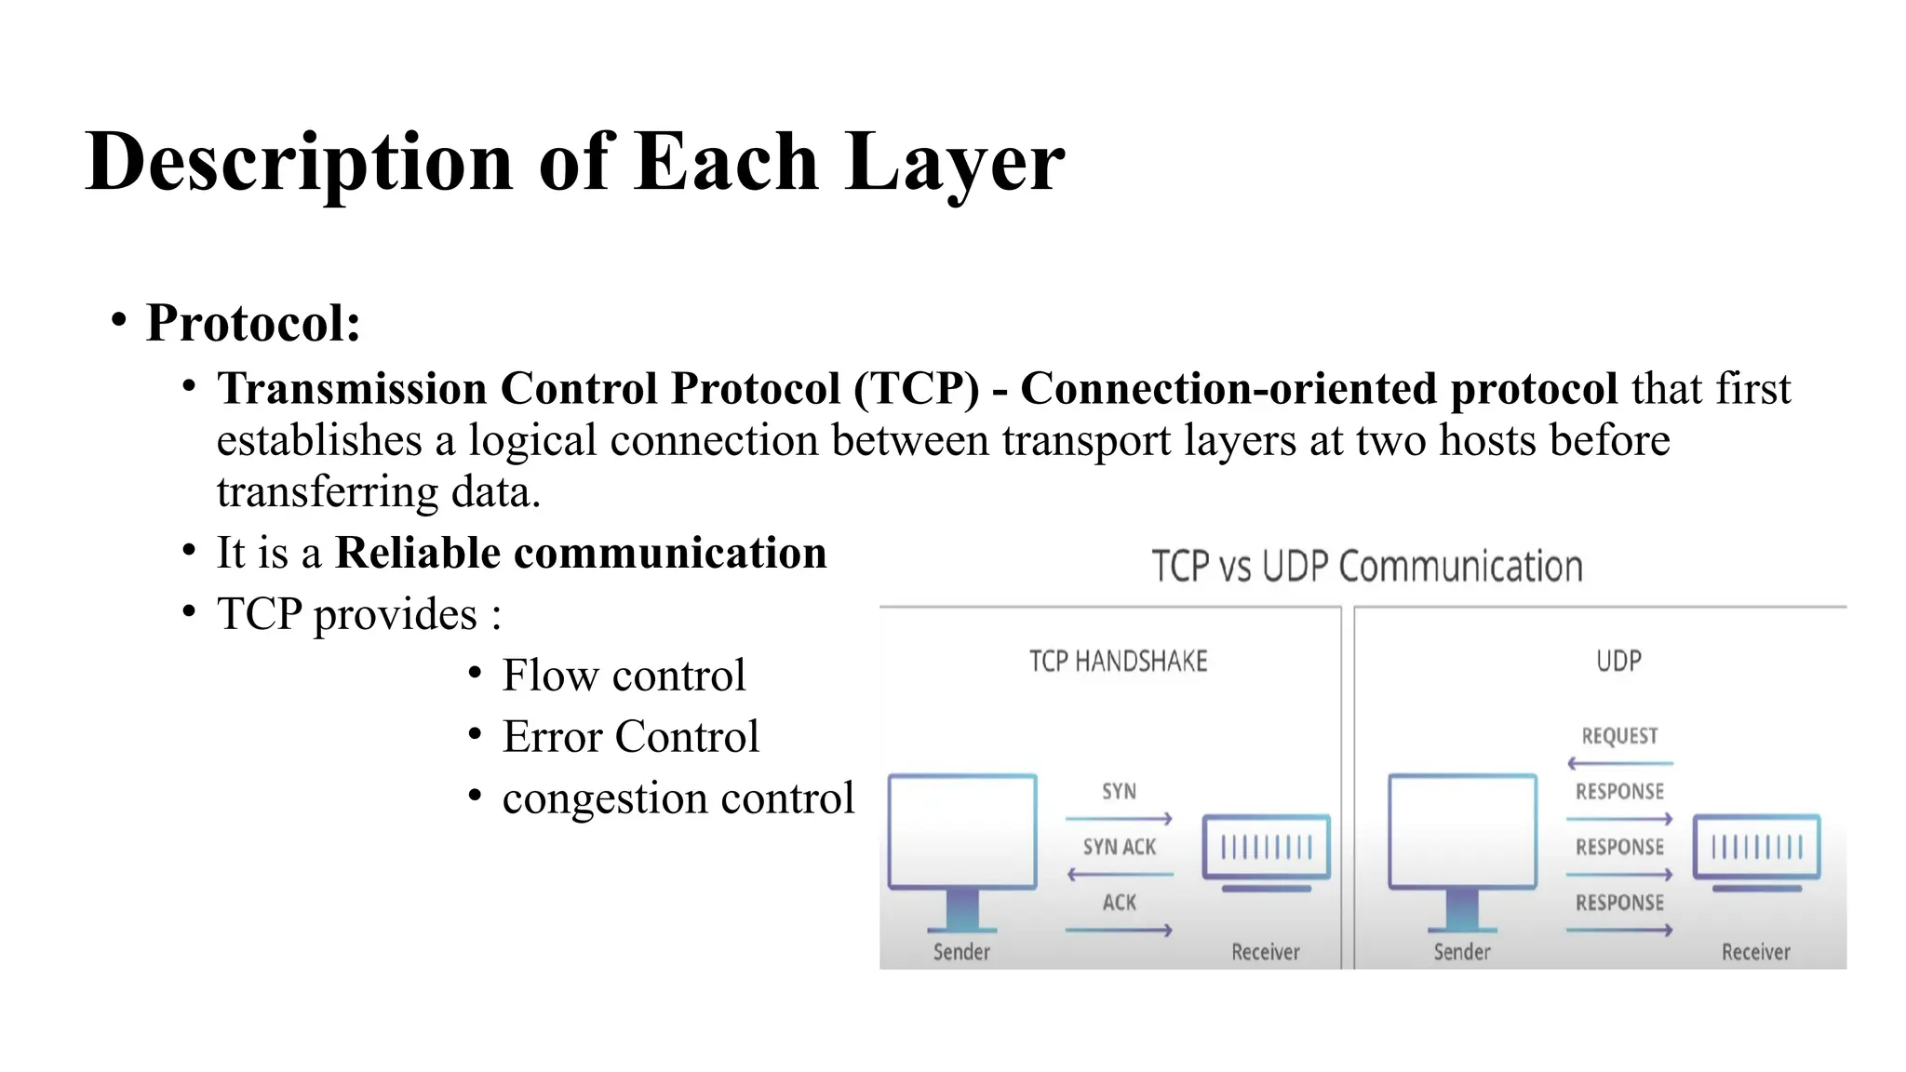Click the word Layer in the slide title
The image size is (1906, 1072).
coord(954,163)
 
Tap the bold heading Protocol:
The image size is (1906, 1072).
coord(253,323)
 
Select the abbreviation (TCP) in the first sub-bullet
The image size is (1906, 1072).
coord(917,388)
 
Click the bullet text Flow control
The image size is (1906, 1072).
coord(624,675)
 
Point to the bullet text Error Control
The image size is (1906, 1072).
coord(631,736)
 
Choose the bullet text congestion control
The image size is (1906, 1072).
coord(678,797)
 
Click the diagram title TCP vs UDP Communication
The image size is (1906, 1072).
coord(1366,567)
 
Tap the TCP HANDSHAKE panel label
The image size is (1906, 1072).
coord(1118,662)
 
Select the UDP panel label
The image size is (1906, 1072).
coord(1618,661)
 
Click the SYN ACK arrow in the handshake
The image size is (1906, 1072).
coord(1120,874)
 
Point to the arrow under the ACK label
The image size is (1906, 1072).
coord(1119,930)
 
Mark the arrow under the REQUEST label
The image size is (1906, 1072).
coord(1619,763)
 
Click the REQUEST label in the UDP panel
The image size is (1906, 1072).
coord(1619,736)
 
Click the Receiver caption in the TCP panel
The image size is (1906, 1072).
coord(1265,952)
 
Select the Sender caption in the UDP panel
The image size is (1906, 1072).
coord(1461,952)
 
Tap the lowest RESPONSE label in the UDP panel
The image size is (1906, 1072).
coord(1619,903)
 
